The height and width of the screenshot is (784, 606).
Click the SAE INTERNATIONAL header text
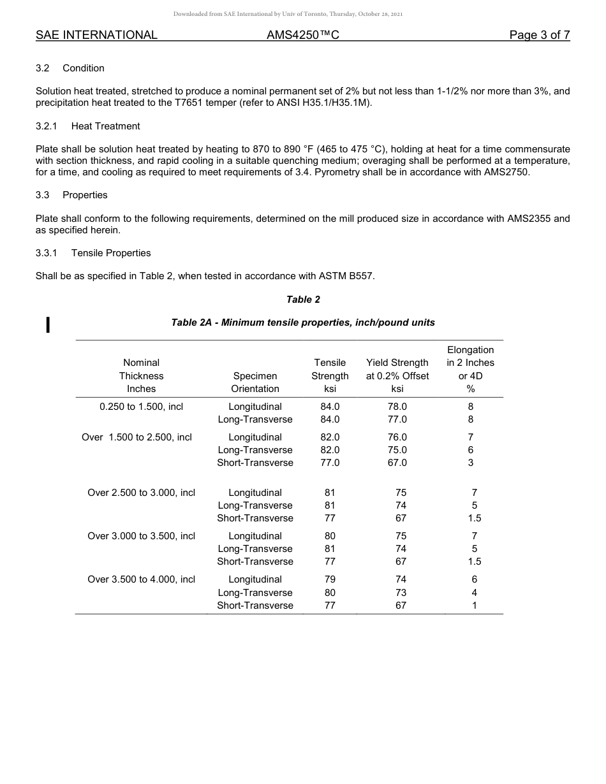click(96, 35)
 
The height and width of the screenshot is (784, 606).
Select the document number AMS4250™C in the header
click(302, 35)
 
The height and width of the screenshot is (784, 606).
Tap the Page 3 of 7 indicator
click(539, 35)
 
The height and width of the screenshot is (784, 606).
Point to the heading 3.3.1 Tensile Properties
click(93, 253)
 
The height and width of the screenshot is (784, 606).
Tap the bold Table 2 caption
click(303, 300)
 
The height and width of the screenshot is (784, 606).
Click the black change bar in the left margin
click(47, 324)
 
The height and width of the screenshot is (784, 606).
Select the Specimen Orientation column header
click(255, 382)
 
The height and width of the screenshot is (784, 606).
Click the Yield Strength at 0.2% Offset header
click(397, 375)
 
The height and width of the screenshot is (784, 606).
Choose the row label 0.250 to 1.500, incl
click(141, 407)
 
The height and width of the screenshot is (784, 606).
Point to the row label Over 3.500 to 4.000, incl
click(141, 579)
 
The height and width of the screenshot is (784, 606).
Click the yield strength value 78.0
click(397, 407)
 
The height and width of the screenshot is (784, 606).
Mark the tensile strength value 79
click(330, 579)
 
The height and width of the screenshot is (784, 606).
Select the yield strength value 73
click(401, 593)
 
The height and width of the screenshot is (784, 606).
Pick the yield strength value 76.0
click(397, 437)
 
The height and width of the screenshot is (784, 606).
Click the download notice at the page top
click(288, 14)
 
